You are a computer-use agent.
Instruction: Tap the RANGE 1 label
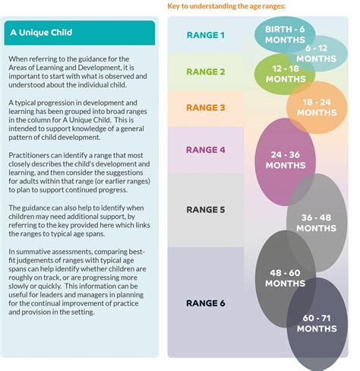207,35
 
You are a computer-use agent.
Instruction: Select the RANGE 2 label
207,71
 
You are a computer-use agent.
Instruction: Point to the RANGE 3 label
207,107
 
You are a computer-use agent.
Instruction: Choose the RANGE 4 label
207,149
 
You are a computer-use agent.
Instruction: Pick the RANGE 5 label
207,208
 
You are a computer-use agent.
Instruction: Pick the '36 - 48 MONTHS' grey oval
317,222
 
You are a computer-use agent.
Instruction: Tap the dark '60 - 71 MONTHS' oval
317,324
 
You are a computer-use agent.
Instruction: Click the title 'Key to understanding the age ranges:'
226,7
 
